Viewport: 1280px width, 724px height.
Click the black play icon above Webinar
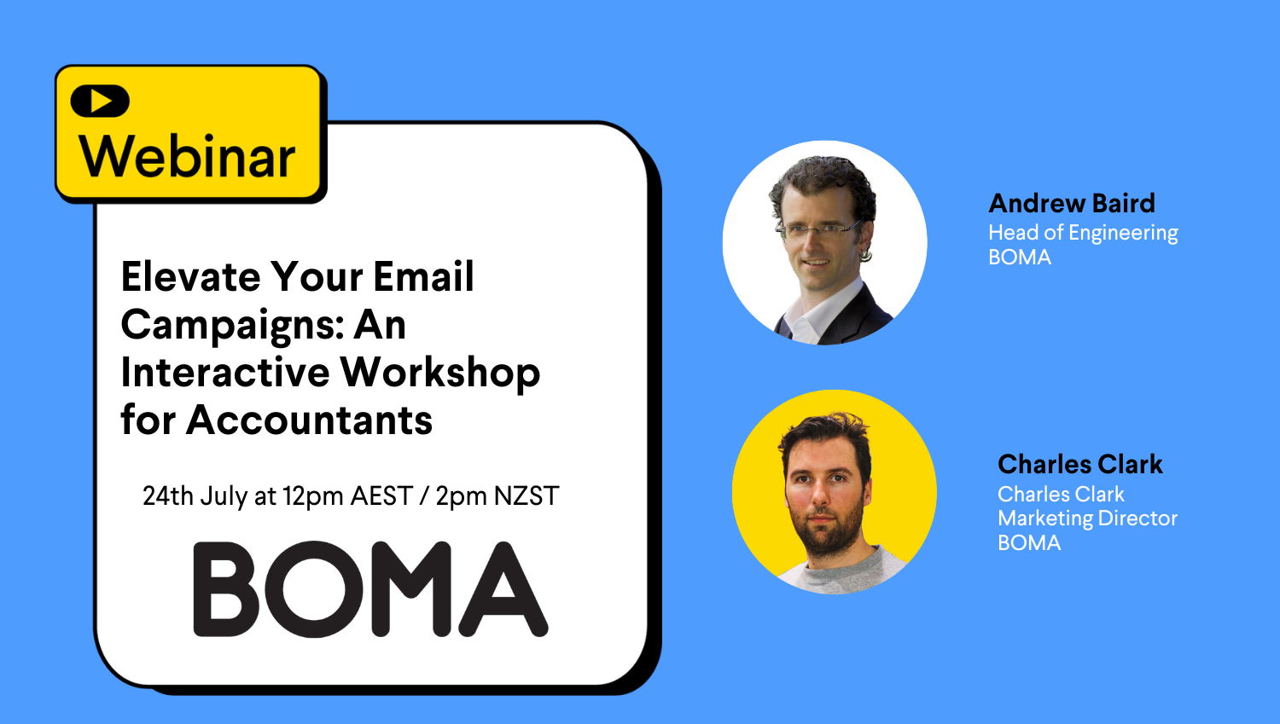[100, 101]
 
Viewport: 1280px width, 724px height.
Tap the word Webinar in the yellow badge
[187, 156]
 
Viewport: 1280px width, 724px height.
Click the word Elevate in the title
[191, 276]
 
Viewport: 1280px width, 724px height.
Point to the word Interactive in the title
[225, 373]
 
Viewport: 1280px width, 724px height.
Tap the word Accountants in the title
[309, 420]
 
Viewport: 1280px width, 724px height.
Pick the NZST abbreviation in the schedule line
[527, 495]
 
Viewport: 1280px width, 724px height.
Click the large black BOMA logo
[371, 588]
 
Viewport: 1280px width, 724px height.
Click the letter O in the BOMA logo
[314, 588]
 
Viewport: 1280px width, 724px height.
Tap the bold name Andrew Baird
[1072, 203]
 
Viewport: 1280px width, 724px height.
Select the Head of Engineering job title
[1083, 233]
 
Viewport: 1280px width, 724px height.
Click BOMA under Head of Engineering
[1020, 258]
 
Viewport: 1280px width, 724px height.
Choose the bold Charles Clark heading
[1080, 464]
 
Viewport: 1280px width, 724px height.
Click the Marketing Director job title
[1087, 518]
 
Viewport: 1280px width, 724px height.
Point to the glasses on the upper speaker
[818, 229]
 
